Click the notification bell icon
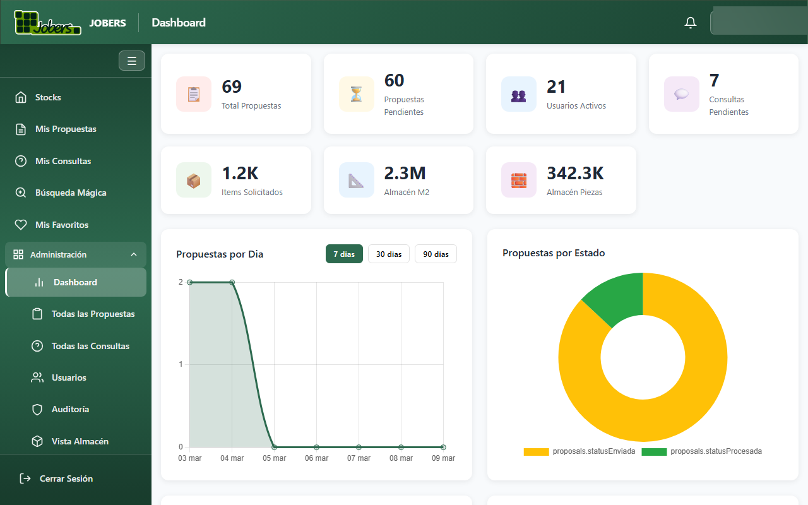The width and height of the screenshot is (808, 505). (x=691, y=23)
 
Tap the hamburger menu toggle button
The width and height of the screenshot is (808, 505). (x=132, y=61)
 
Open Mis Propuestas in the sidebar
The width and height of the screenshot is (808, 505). (x=66, y=129)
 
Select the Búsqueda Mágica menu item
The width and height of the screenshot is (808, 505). (x=70, y=193)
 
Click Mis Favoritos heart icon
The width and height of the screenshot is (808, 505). (x=21, y=225)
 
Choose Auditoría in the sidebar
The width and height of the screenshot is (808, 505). (x=70, y=409)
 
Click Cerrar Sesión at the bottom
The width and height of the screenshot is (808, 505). (x=66, y=478)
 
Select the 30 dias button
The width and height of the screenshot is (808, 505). (x=389, y=254)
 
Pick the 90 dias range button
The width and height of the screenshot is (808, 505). (x=436, y=254)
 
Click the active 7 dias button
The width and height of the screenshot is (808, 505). (x=344, y=254)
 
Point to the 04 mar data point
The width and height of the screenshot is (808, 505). (x=232, y=282)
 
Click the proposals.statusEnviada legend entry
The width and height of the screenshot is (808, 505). (x=579, y=451)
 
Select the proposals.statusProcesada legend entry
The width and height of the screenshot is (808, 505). (x=702, y=451)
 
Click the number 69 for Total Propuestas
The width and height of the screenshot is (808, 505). (x=232, y=86)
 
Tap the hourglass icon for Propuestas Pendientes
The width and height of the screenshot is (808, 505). (x=357, y=94)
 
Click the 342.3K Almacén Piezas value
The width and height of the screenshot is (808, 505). (x=575, y=173)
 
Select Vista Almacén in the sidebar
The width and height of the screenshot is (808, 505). (x=80, y=441)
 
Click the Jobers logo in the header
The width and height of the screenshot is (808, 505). (x=47, y=22)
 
